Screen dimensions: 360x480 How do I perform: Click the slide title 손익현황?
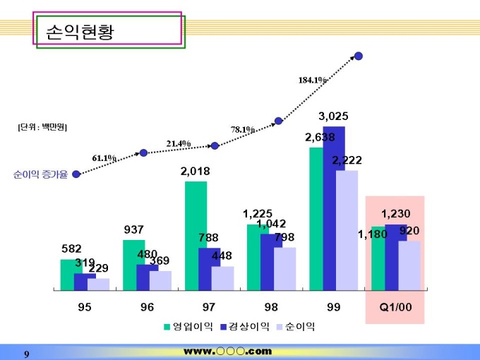(x=79, y=32)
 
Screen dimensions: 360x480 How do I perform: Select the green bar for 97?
(x=196, y=235)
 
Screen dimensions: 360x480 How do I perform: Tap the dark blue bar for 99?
(x=334, y=208)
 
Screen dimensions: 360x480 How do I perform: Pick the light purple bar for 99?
(x=347, y=230)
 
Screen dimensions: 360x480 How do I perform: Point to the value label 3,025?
(x=333, y=116)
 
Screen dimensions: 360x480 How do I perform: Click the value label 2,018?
(x=195, y=172)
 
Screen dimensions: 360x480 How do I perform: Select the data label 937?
(x=133, y=229)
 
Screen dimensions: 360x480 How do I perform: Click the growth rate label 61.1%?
(x=104, y=158)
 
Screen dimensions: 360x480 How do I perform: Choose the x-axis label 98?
(x=270, y=307)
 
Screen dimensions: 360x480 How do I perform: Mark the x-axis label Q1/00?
(x=395, y=307)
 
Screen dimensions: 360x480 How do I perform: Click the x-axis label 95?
(x=84, y=307)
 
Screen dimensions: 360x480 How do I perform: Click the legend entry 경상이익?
(x=244, y=327)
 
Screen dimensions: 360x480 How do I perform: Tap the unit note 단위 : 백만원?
(x=42, y=127)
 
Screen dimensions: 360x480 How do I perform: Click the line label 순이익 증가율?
(x=40, y=174)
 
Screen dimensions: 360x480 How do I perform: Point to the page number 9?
(x=26, y=353)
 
